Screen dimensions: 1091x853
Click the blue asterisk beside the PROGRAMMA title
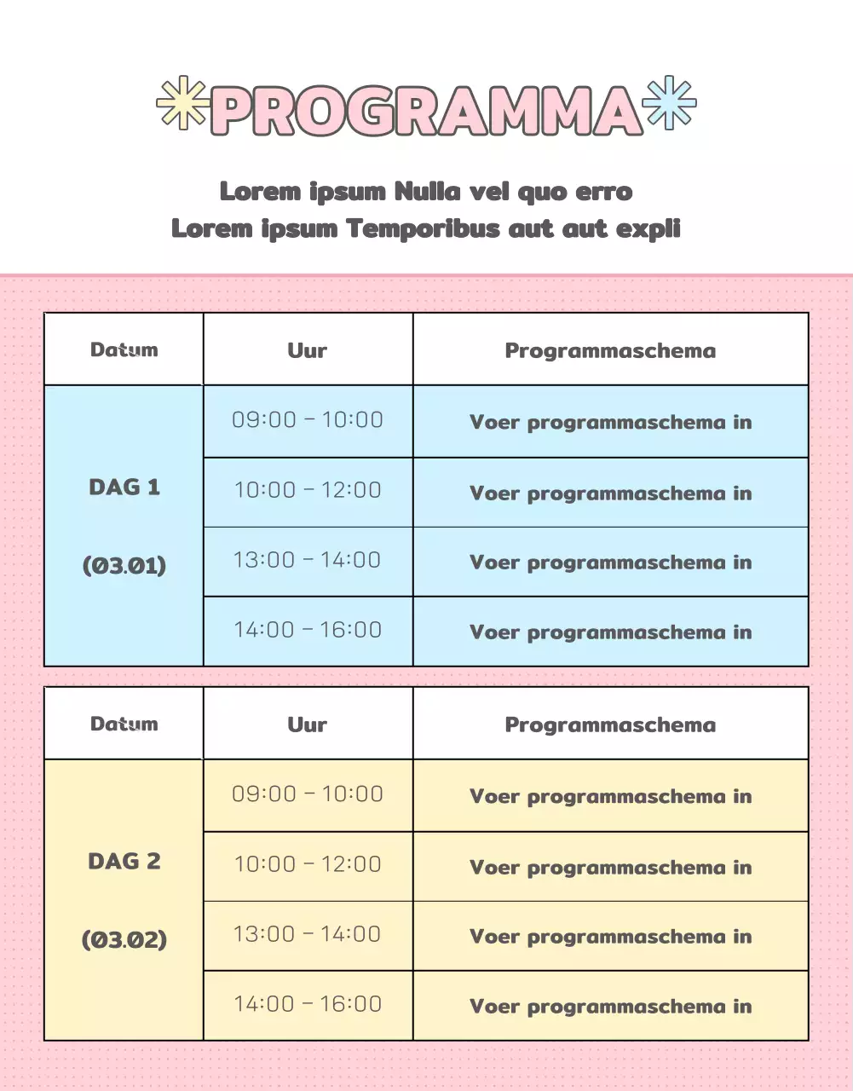(x=670, y=103)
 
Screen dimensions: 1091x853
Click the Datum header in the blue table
(x=124, y=349)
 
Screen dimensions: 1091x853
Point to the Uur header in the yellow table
(x=308, y=724)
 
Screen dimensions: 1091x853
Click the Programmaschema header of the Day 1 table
(x=610, y=350)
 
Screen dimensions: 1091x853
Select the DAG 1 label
(x=124, y=487)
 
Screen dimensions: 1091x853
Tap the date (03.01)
(x=124, y=565)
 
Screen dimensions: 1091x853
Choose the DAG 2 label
(x=124, y=861)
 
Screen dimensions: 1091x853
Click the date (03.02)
(x=124, y=939)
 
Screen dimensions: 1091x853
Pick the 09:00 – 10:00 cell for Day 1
(x=308, y=419)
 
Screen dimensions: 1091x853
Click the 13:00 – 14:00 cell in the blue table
(x=308, y=560)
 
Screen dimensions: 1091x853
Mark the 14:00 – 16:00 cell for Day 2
(x=308, y=1004)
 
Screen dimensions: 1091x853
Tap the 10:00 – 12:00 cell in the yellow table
(x=308, y=864)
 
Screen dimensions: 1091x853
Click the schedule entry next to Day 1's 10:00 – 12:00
(x=610, y=494)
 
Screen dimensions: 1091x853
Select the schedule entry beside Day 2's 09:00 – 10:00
(x=610, y=797)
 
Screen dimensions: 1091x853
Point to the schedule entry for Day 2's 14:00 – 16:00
(x=610, y=1007)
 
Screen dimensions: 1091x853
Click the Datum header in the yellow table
(x=124, y=724)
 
